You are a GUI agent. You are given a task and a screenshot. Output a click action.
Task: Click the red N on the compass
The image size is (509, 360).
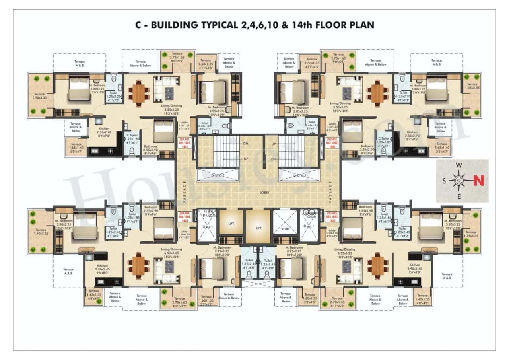[x=479, y=181]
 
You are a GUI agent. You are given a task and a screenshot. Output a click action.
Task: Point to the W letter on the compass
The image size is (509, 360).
[x=458, y=165]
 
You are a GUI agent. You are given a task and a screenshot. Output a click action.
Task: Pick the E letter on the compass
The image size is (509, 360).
[x=458, y=196]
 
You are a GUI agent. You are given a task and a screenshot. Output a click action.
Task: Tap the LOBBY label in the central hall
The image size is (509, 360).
[x=264, y=193]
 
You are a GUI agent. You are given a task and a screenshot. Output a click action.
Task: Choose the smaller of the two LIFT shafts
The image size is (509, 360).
[x=231, y=224]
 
